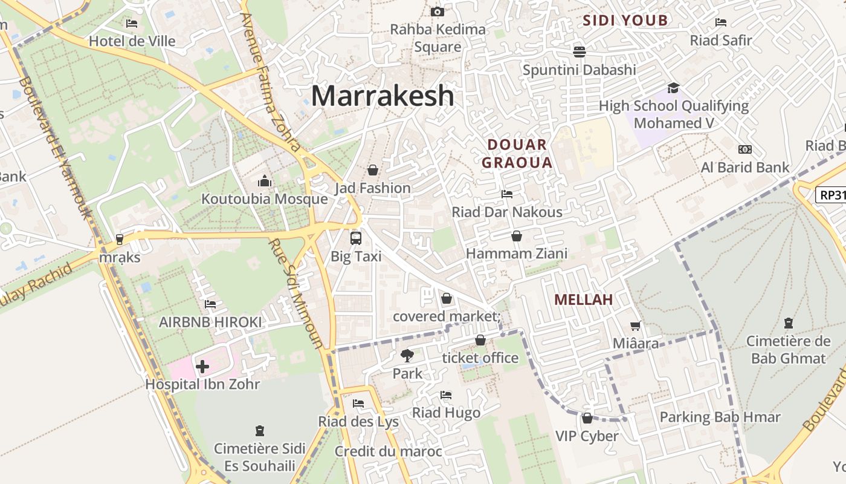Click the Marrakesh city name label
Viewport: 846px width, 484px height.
click(382, 96)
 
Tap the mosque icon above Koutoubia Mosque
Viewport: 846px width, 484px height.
click(264, 181)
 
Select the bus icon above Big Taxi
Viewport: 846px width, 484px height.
click(356, 238)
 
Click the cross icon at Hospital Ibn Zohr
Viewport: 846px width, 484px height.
click(202, 366)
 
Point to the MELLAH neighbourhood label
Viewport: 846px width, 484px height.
click(583, 299)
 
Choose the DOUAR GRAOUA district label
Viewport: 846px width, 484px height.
click(517, 154)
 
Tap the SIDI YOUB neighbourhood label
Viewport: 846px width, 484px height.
click(625, 21)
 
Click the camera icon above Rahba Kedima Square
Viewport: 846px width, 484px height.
click(437, 11)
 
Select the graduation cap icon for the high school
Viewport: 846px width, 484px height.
click(673, 88)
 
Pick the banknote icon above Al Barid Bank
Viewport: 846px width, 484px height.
click(745, 149)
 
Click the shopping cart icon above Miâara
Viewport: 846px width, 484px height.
click(635, 326)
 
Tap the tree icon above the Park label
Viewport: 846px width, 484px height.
click(407, 356)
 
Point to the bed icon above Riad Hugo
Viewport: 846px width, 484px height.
click(446, 395)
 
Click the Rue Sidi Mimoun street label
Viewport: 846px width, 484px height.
click(296, 293)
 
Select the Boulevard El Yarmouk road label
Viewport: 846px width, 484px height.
click(54, 148)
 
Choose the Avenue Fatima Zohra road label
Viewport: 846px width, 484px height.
click(270, 82)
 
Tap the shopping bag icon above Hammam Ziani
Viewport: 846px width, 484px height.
click(516, 236)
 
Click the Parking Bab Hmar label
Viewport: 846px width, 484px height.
click(720, 417)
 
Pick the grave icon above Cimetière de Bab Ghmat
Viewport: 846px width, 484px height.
click(788, 323)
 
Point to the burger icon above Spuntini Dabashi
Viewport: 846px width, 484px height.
click(579, 51)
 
